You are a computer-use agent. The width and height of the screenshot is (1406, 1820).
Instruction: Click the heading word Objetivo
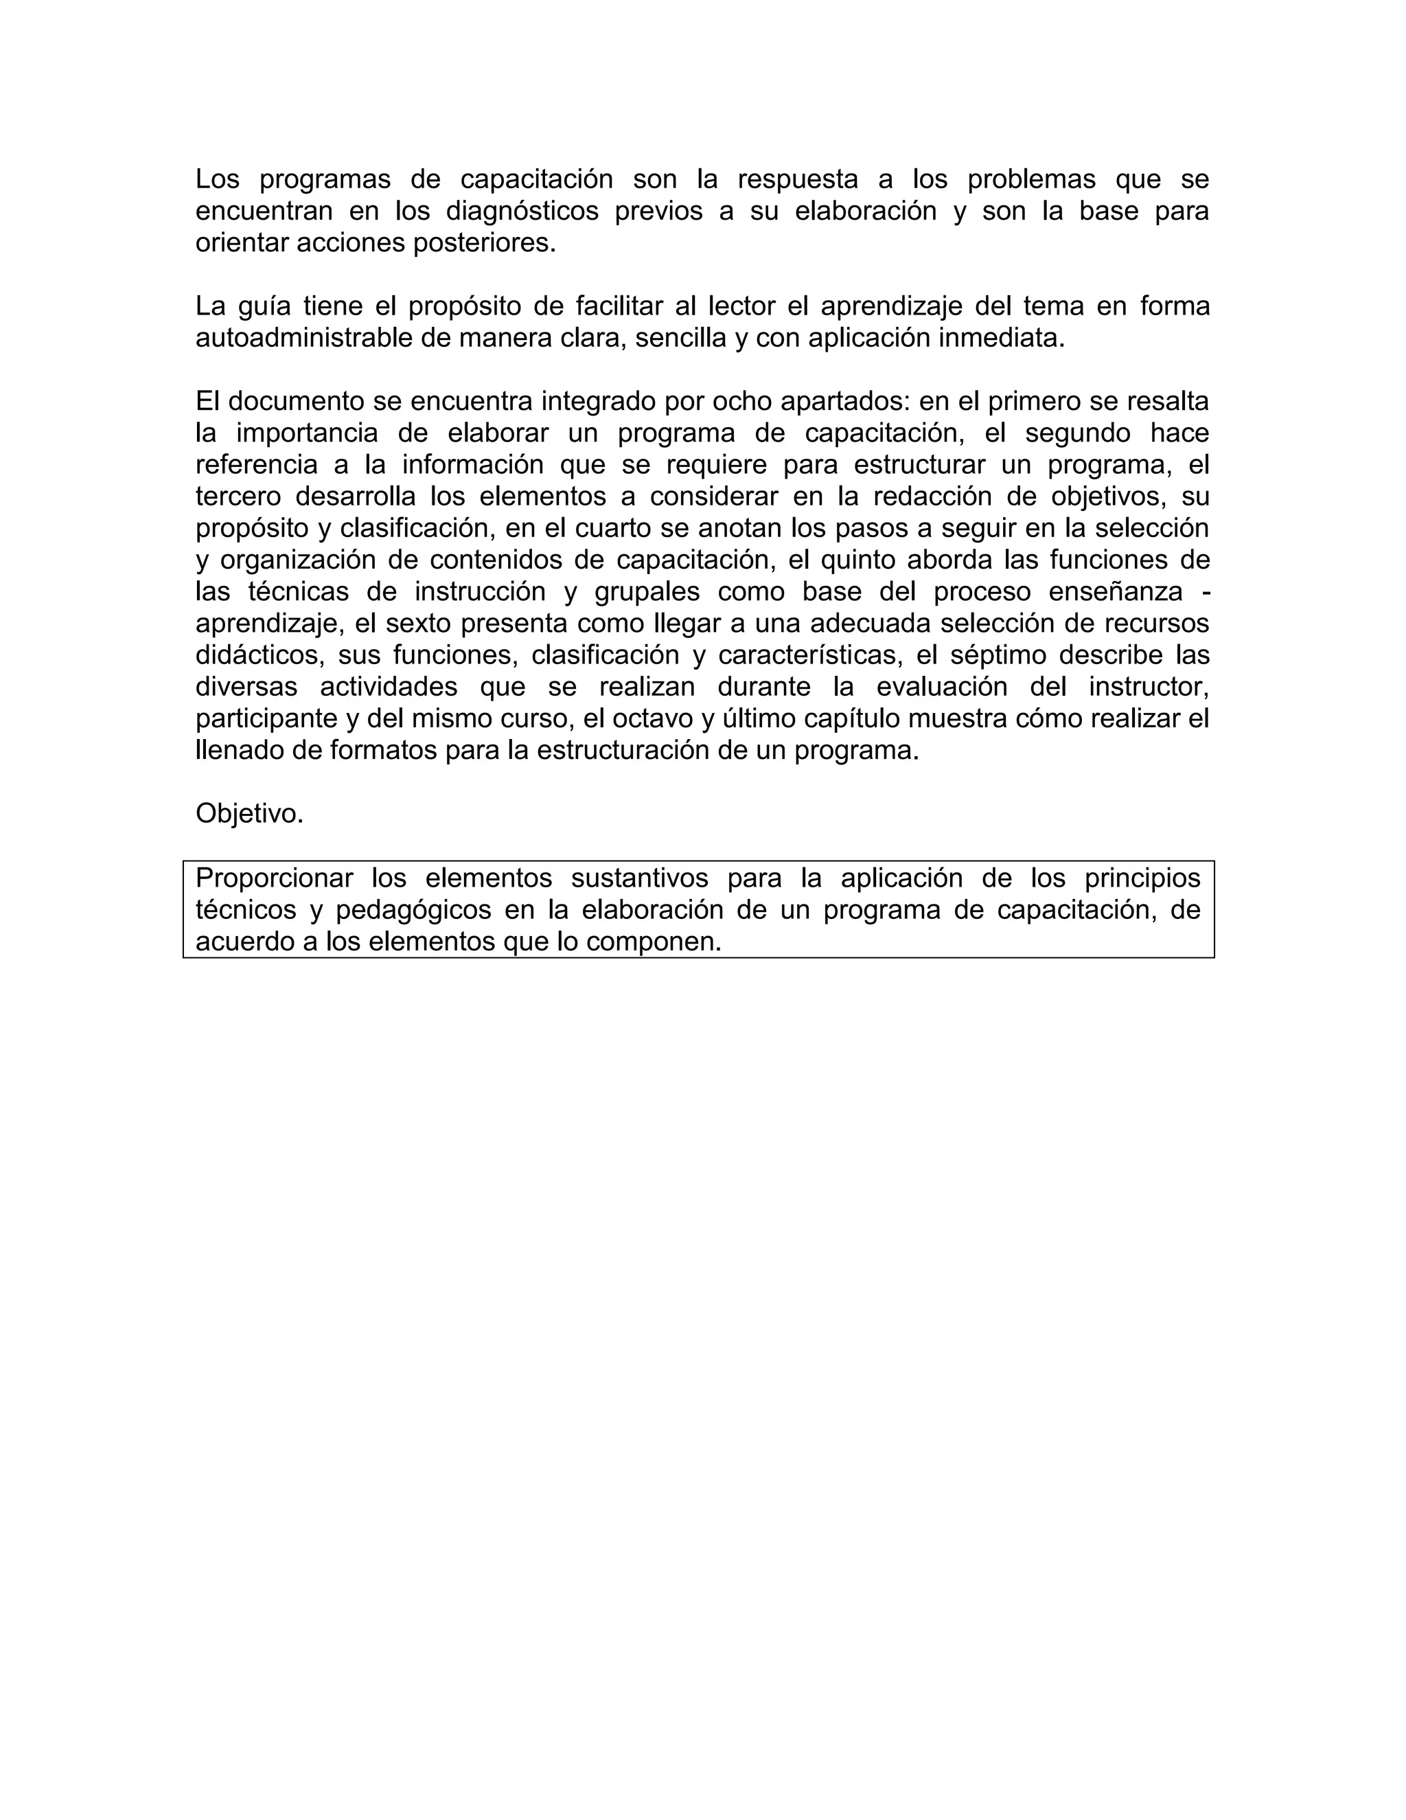(x=249, y=813)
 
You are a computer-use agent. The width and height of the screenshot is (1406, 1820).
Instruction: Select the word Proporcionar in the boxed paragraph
(x=274, y=878)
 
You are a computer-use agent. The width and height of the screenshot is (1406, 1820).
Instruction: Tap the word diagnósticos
(x=522, y=212)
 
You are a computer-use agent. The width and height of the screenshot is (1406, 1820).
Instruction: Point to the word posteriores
(x=485, y=243)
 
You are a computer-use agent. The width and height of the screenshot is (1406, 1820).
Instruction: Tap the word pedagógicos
(x=413, y=910)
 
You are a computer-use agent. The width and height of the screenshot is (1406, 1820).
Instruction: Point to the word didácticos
(x=259, y=655)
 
